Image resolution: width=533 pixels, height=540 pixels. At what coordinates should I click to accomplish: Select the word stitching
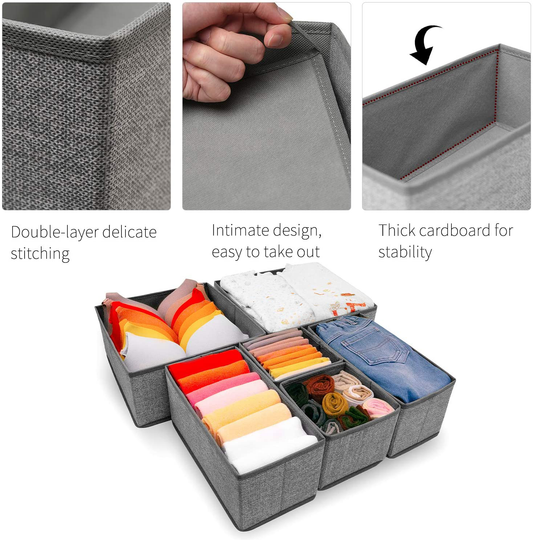[41, 254]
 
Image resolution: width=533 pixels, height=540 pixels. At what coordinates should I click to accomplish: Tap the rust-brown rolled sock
[320, 384]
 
